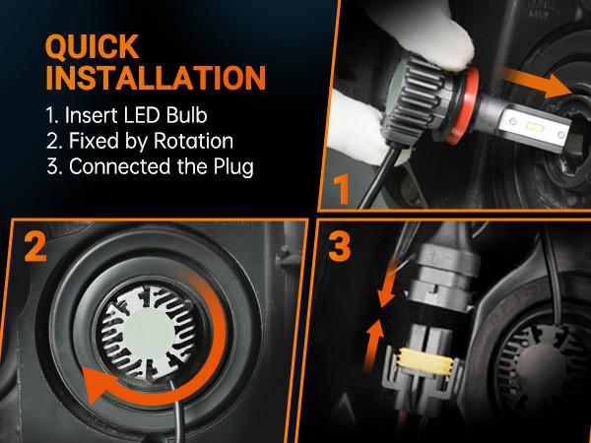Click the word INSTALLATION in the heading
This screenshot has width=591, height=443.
[x=155, y=78]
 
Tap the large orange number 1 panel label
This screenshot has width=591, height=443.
[x=341, y=187]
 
